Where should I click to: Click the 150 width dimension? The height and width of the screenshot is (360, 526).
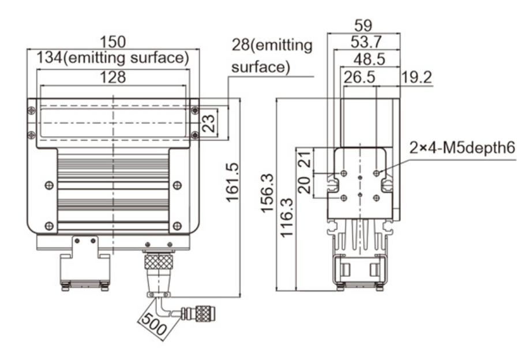113,42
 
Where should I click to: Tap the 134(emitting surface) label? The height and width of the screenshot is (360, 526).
113,58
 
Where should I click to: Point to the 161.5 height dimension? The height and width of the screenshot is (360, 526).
231,182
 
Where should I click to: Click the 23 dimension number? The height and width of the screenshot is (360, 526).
209,122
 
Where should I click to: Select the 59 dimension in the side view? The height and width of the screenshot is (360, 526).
363,26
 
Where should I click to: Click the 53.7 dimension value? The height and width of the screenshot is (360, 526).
363,42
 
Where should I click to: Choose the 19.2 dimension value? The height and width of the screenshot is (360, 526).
417,77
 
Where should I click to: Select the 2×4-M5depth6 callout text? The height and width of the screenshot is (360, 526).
461,148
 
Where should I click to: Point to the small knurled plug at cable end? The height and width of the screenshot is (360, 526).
202,313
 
